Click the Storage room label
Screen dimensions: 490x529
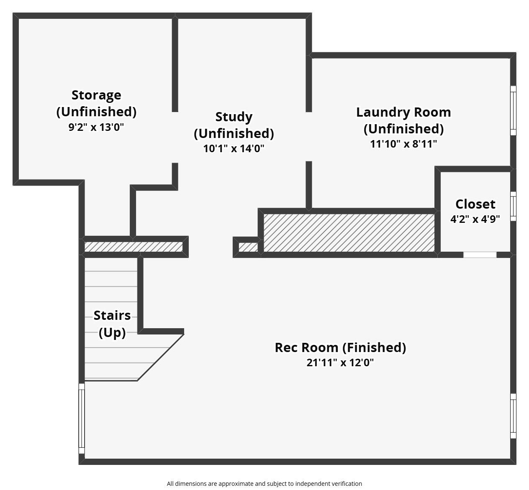click(x=96, y=95)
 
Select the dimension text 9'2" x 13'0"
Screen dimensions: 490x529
click(x=96, y=127)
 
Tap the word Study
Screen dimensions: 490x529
click(x=234, y=117)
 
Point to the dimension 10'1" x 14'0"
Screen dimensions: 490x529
click(x=234, y=148)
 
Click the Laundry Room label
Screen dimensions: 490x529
click(x=403, y=112)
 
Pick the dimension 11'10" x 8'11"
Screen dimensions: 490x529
click(x=403, y=144)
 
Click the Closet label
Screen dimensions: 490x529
click(x=475, y=204)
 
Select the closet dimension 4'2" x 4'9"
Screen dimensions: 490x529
click(x=475, y=219)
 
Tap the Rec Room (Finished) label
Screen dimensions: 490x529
click(x=340, y=347)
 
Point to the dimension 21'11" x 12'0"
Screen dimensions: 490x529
click(x=340, y=362)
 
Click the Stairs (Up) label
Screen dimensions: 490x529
click(x=112, y=324)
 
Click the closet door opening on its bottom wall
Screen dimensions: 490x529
click(x=480, y=255)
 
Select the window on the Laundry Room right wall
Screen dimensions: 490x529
click(x=513, y=110)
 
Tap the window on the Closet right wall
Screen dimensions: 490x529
click(x=513, y=206)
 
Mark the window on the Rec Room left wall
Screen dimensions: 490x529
click(x=82, y=419)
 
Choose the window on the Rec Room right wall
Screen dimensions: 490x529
click(x=513, y=416)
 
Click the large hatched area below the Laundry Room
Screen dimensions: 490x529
click(x=349, y=233)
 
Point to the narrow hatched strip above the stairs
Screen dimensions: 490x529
click(x=134, y=247)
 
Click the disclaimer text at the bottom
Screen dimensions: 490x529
click(x=264, y=484)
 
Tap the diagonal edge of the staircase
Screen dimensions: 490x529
click(x=161, y=357)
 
